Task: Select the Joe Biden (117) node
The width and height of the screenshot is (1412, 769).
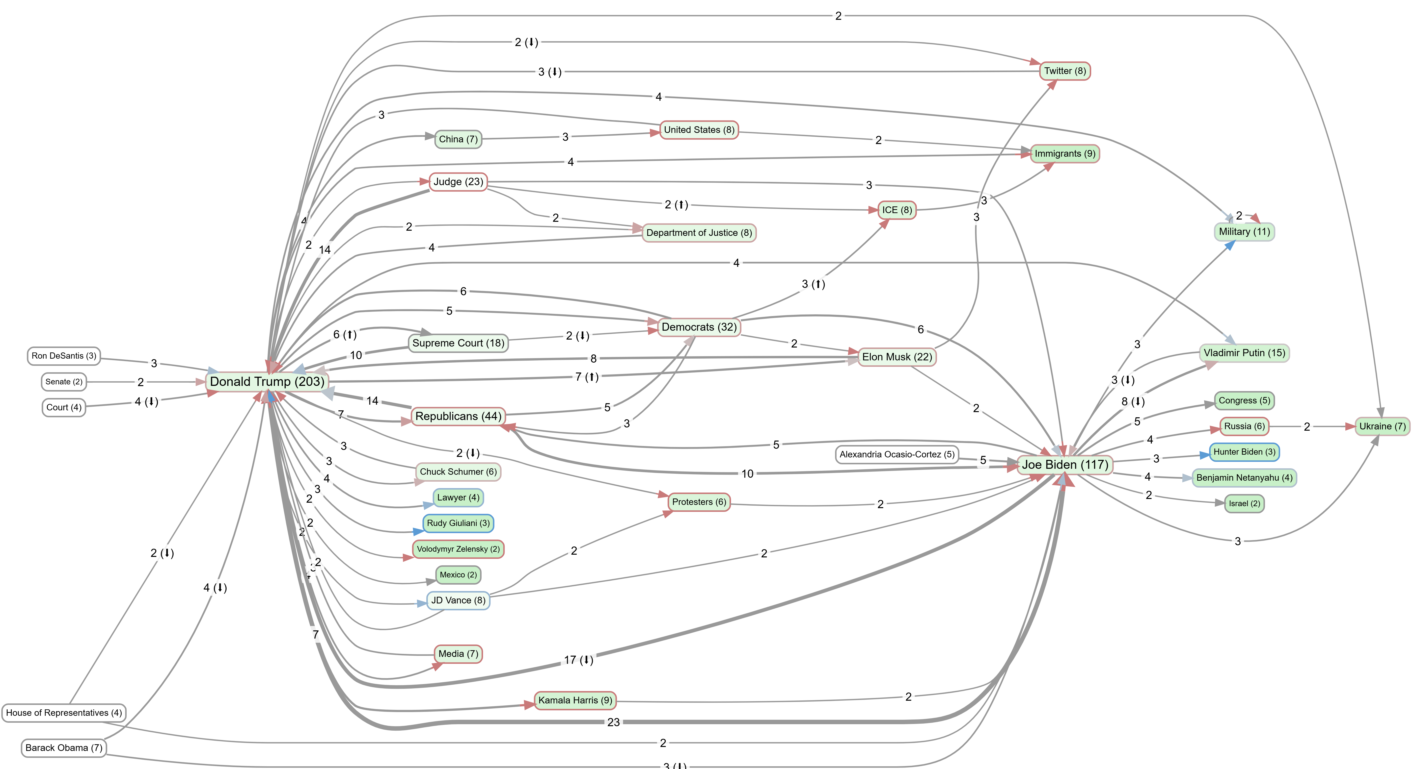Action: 1064,465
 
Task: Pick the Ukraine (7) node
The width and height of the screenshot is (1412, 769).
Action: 1382,426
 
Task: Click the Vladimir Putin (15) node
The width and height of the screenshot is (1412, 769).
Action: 1244,353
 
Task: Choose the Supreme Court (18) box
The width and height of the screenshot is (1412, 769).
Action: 458,343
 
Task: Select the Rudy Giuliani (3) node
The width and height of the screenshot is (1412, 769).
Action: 458,523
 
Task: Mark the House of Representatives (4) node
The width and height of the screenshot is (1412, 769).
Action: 64,713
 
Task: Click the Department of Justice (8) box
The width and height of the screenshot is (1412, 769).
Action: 699,233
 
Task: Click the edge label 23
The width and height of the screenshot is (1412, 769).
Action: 613,722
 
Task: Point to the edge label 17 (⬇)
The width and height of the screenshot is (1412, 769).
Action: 578,660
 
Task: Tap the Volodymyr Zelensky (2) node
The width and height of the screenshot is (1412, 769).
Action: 458,549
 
